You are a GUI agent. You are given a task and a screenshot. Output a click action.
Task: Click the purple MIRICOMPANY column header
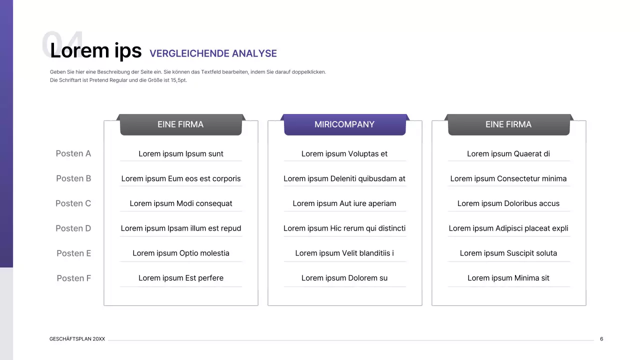pyautogui.click(x=344, y=124)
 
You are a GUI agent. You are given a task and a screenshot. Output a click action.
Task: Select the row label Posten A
pyautogui.click(x=73, y=153)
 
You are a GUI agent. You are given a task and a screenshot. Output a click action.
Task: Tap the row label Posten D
pyautogui.click(x=73, y=228)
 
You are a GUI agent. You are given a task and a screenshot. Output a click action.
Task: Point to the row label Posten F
pyautogui.click(x=74, y=278)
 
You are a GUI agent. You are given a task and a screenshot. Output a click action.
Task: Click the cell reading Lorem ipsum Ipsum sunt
pyautogui.click(x=181, y=154)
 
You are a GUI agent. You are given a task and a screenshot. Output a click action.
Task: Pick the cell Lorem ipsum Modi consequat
pyautogui.click(x=181, y=203)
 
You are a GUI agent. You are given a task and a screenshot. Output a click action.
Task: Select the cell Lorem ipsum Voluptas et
pyautogui.click(x=344, y=154)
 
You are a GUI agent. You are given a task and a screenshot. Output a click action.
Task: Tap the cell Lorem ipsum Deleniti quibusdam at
pyautogui.click(x=344, y=178)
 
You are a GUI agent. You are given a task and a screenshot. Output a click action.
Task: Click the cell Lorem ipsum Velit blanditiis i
pyautogui.click(x=344, y=253)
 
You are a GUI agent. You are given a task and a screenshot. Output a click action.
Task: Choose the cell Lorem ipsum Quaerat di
pyautogui.click(x=508, y=154)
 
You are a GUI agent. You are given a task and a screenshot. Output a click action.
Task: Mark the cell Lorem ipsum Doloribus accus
pyautogui.click(x=508, y=203)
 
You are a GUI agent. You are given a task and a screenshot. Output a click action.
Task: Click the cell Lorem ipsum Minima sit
pyautogui.click(x=508, y=278)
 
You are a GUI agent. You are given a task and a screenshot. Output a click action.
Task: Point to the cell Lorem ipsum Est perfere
pyautogui.click(x=181, y=278)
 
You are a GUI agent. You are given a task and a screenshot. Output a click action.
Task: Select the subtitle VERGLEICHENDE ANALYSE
pyautogui.click(x=213, y=53)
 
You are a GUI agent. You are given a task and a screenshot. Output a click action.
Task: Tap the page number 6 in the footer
pyautogui.click(x=601, y=339)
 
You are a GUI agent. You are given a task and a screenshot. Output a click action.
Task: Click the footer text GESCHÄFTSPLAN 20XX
pyautogui.click(x=77, y=339)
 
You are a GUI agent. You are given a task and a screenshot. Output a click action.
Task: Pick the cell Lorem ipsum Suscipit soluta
pyautogui.click(x=508, y=253)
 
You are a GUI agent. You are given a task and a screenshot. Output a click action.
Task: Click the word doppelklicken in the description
pyautogui.click(x=309, y=72)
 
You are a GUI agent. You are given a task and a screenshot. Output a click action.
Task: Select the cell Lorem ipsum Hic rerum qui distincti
pyautogui.click(x=344, y=228)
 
